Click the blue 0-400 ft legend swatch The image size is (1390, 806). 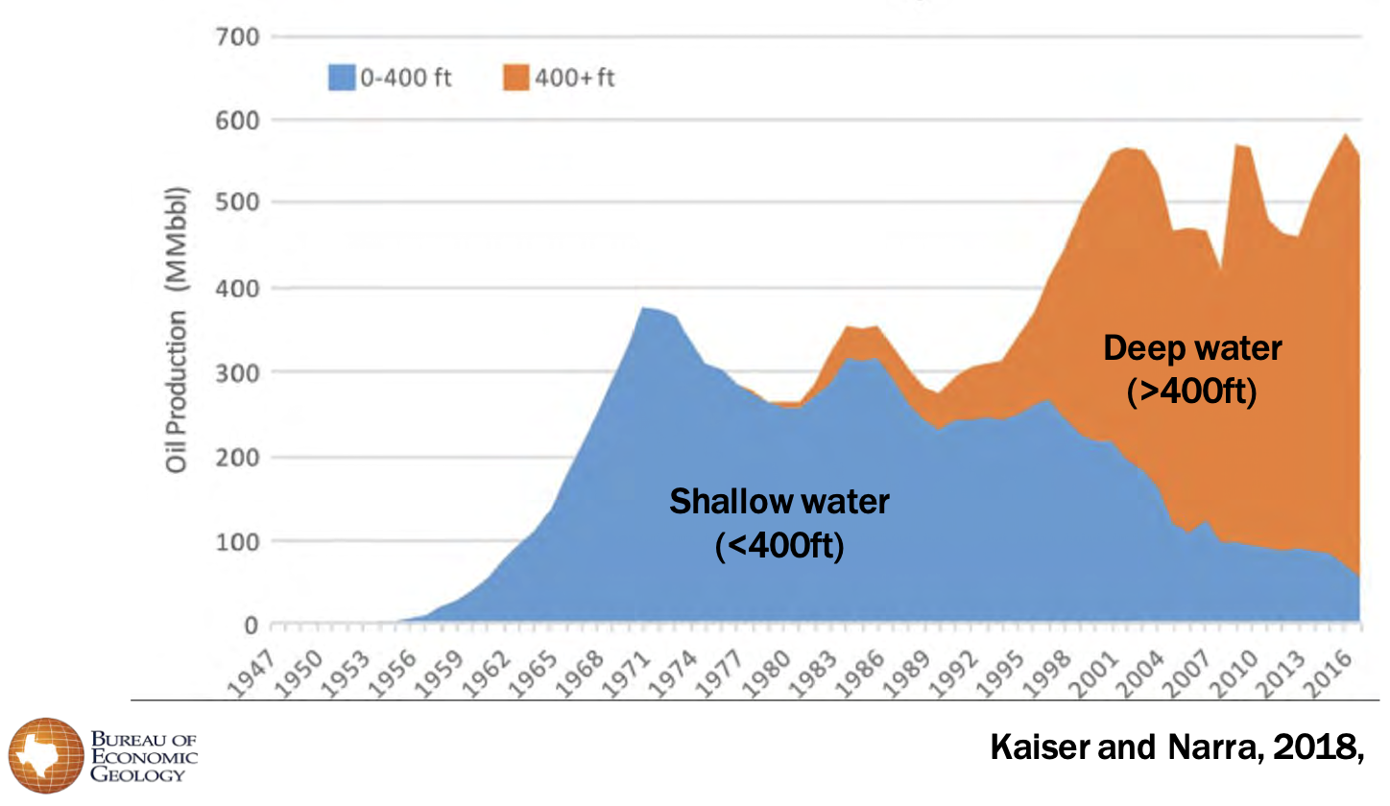342,78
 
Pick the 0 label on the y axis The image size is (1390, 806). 251,626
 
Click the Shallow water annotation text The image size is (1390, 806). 779,501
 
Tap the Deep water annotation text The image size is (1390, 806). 1191,347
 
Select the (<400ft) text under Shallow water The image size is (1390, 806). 779,548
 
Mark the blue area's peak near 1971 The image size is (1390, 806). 643,308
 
